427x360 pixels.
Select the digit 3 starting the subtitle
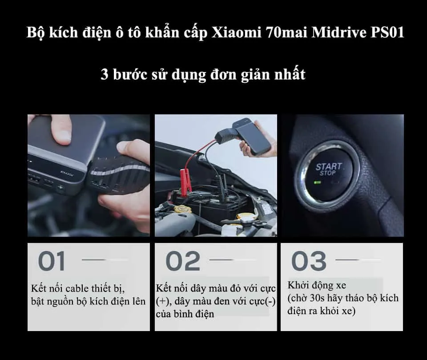point(105,74)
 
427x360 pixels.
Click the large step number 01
point(52,261)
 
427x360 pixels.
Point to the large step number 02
point(182,261)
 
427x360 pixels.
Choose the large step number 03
point(309,261)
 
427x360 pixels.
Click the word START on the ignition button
point(329,167)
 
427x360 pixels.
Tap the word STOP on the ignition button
point(328,173)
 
